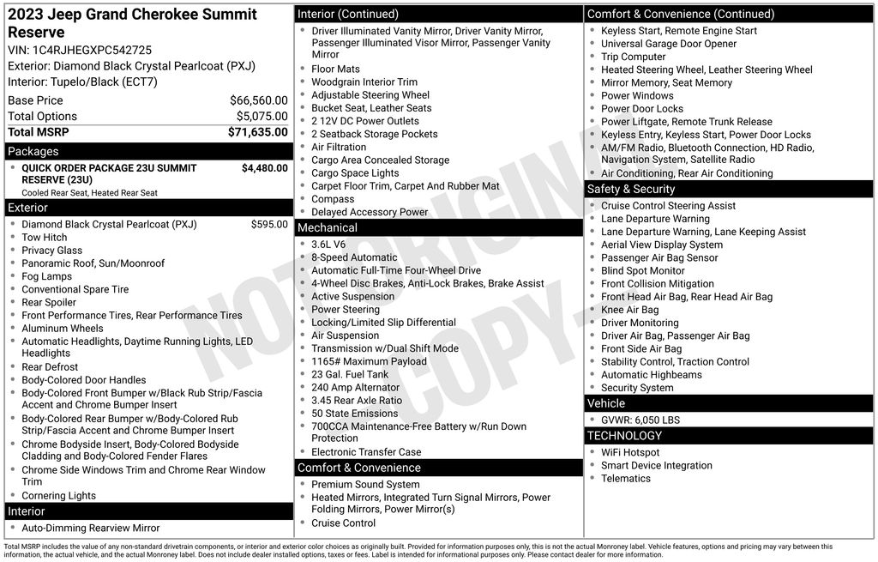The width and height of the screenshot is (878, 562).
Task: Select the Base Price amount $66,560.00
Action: pyautogui.click(x=258, y=100)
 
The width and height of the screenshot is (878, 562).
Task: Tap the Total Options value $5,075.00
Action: pyautogui.click(x=262, y=117)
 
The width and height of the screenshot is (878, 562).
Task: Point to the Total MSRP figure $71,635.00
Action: pyautogui.click(x=257, y=132)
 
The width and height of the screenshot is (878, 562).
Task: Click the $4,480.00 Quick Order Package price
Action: pyautogui.click(x=264, y=168)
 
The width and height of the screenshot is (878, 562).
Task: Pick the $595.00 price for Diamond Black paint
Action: pyautogui.click(x=269, y=225)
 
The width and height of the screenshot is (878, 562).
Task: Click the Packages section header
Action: pyautogui.click(x=33, y=152)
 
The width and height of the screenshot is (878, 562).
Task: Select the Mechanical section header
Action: pyautogui.click(x=327, y=227)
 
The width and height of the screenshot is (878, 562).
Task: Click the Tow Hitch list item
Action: pyautogui.click(x=45, y=238)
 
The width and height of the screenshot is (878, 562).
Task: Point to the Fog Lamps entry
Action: pyautogui.click(x=47, y=276)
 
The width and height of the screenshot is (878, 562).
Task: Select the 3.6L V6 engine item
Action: pyautogui.click(x=328, y=245)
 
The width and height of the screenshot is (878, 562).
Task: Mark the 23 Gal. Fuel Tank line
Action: pyautogui.click(x=350, y=374)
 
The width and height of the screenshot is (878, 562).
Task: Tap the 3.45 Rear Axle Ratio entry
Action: pyautogui.click(x=357, y=401)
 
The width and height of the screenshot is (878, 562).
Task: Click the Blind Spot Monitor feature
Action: pyautogui.click(x=643, y=271)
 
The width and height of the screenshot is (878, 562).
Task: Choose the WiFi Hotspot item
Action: pyautogui.click(x=630, y=452)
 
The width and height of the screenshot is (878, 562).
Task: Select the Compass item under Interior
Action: pyautogui.click(x=333, y=199)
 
